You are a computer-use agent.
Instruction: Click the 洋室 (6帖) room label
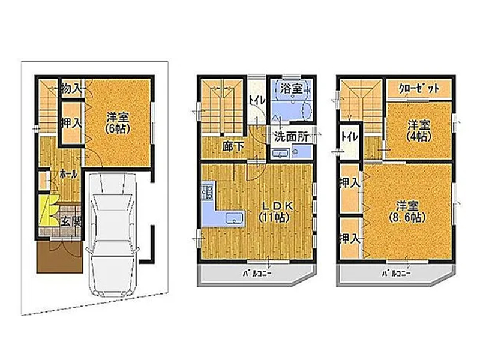pyautogui.click(x=118, y=123)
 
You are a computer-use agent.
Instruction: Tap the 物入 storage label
pyautogui.click(x=71, y=89)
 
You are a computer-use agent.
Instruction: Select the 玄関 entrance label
pyautogui.click(x=71, y=221)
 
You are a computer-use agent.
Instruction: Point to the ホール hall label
pyautogui.click(x=68, y=175)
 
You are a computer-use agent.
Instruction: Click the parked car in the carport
pyautogui.click(x=112, y=235)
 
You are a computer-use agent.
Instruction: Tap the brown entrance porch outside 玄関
pyautogui.click(x=59, y=257)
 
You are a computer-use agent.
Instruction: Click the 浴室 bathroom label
pyautogui.click(x=292, y=89)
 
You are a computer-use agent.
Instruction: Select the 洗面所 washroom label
pyautogui.click(x=291, y=137)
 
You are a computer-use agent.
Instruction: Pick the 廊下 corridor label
pyautogui.click(x=233, y=146)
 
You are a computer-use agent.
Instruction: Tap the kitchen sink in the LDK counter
pyautogui.click(x=234, y=218)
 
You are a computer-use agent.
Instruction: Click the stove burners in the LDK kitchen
pyautogui.click(x=207, y=191)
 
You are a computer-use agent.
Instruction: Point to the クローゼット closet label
pyautogui.click(x=419, y=89)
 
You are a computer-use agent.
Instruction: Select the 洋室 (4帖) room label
pyautogui.click(x=419, y=131)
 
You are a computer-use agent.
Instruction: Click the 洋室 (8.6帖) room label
pyautogui.click(x=408, y=212)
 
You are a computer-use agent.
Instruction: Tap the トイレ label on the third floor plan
pyautogui.click(x=349, y=137)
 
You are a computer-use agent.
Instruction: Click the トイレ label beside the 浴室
pyautogui.click(x=257, y=100)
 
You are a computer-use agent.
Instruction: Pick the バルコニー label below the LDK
pyautogui.click(x=257, y=274)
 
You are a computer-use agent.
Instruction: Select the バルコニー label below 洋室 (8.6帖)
pyautogui.click(x=396, y=274)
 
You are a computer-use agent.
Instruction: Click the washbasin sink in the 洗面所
pyautogui.click(x=280, y=154)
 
